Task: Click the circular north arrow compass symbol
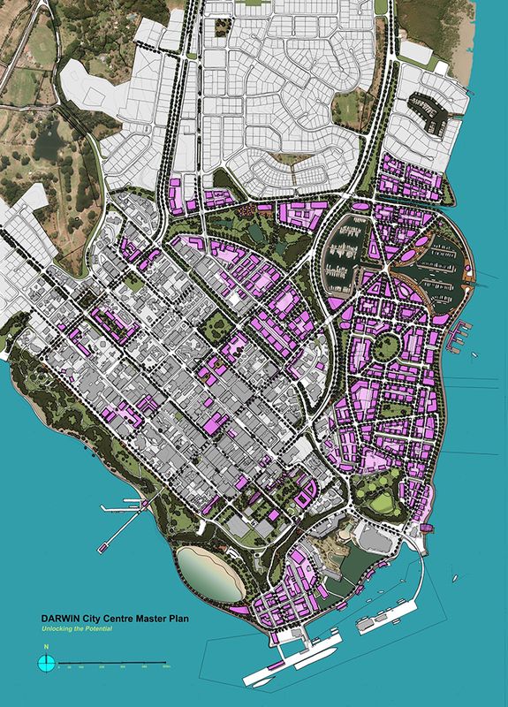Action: (46, 662)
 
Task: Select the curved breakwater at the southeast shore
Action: (423, 583)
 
